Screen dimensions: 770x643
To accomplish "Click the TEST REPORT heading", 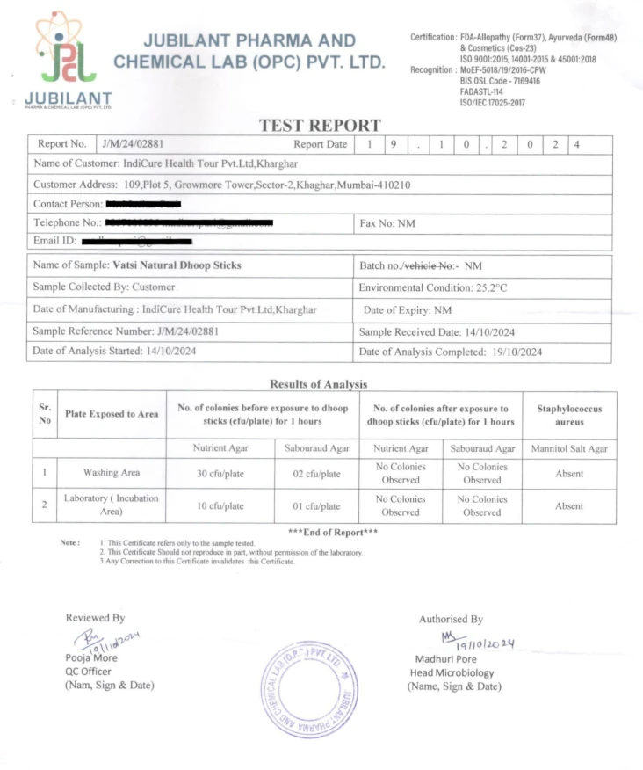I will pos(320,126).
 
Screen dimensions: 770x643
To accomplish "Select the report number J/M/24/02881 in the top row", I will pos(134,144).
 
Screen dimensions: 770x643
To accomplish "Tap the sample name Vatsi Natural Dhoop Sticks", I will pos(177,265).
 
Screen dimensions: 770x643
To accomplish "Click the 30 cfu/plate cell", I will pos(220,474).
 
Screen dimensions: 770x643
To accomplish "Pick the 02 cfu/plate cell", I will pos(316,474).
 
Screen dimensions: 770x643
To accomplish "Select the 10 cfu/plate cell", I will pos(220,506).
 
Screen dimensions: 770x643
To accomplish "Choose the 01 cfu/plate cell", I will pos(316,506).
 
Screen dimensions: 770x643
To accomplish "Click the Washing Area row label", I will pos(112,473).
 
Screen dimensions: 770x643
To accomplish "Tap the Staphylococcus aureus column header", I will pos(568,415).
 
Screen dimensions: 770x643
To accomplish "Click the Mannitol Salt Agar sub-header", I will pos(568,449).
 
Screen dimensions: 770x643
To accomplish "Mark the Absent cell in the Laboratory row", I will pos(568,506).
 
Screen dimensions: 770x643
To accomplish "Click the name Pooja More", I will pos(91,657).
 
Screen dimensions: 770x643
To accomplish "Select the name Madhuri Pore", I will pos(445,659).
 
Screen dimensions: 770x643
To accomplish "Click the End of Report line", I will pos(333,533).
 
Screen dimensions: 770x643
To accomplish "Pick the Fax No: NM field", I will pos(387,223).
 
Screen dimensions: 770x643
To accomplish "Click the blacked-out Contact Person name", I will pos(142,204).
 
